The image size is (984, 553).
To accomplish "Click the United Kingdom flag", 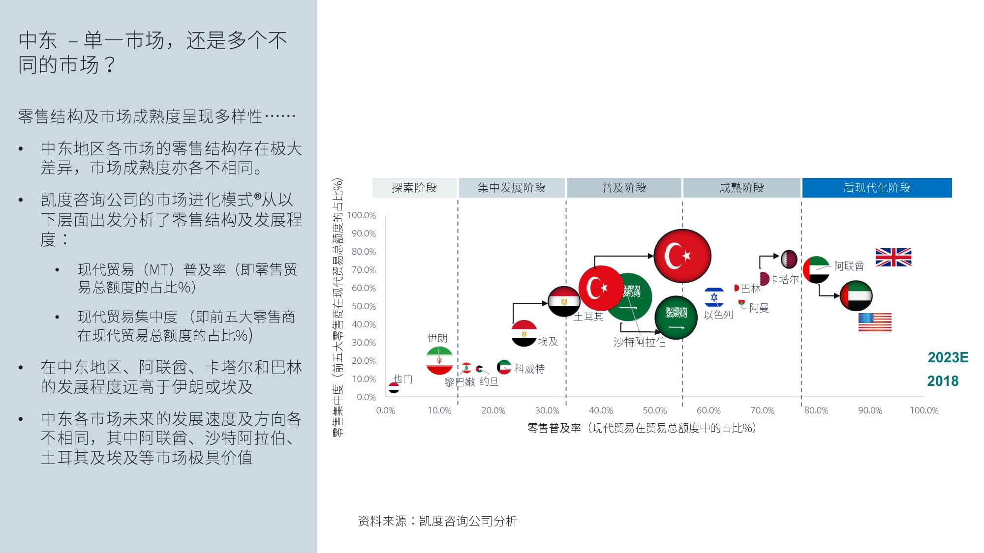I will point(893,257).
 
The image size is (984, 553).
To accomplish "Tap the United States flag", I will point(875,322).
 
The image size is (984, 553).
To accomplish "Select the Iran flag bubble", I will point(439,360).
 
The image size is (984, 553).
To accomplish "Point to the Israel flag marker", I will point(714,297).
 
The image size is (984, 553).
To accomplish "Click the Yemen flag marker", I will point(394,388).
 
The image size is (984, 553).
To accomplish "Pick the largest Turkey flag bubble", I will point(682,256).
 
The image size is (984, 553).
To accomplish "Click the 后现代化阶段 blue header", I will point(877,188).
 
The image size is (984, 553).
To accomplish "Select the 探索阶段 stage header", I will point(414,188).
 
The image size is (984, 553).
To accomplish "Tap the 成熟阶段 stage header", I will point(741,188).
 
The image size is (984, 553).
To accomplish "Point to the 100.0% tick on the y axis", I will point(362,215).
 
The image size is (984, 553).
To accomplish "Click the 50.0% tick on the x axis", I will point(654,410).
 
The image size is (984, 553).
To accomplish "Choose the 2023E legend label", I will point(948,357).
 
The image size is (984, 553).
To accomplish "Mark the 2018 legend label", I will point(943,381).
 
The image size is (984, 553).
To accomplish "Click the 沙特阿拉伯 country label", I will point(639,342).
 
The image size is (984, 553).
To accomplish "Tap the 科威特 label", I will point(529,369).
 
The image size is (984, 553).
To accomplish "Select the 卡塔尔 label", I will point(784,279).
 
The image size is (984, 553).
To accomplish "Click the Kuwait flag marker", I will point(504,367).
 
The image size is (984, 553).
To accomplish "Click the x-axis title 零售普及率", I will point(554,428).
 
